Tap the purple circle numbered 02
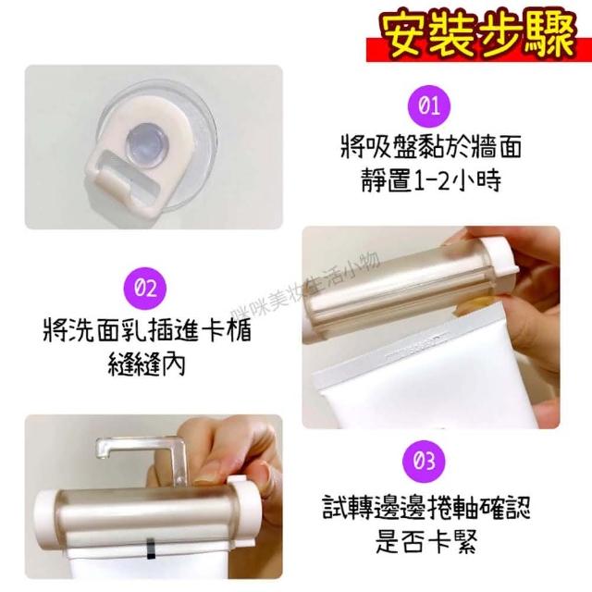tap(145, 289)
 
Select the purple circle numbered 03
tap(424, 462)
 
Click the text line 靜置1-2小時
tap(431, 179)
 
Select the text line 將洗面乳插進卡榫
tap(146, 329)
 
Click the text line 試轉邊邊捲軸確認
tap(426, 507)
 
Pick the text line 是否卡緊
tap(426, 541)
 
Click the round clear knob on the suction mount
tap(144, 144)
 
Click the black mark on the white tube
tap(150, 549)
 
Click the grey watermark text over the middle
tap(305, 286)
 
